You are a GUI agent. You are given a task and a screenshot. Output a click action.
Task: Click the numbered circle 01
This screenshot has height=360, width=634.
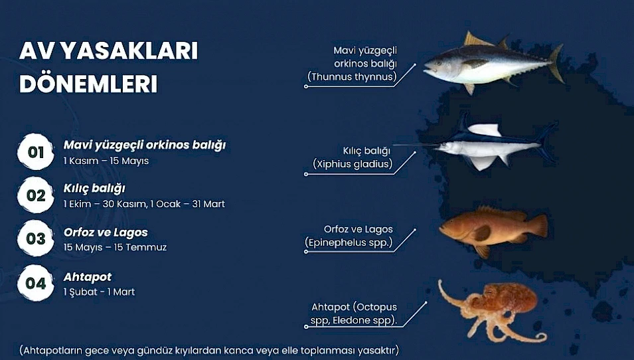(36, 151)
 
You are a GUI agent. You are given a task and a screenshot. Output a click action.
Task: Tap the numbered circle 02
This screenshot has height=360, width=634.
(36, 195)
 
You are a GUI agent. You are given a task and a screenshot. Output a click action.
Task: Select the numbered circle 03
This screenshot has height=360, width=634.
(36, 238)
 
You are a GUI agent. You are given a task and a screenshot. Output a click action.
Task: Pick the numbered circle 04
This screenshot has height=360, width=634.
(36, 283)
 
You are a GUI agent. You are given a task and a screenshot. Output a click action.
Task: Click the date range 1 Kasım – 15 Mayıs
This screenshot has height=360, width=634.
(106, 161)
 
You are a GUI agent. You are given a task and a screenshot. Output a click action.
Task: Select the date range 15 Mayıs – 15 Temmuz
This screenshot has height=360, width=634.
(115, 247)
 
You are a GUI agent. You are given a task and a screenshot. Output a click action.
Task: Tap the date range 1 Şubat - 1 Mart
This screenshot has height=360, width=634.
(99, 292)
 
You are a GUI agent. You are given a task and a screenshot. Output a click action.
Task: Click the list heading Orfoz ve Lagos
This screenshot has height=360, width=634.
(106, 232)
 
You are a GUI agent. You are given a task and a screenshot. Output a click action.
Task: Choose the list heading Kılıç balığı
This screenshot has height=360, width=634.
(94, 189)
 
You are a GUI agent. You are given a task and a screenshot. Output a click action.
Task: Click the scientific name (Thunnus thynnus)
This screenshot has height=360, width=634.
(352, 76)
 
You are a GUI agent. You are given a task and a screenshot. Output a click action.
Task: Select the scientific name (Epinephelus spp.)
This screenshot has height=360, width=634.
(349, 242)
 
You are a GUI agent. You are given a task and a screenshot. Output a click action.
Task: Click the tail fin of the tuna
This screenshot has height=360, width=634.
(556, 64)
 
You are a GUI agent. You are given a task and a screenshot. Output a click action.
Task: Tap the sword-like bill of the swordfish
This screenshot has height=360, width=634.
(416, 145)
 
